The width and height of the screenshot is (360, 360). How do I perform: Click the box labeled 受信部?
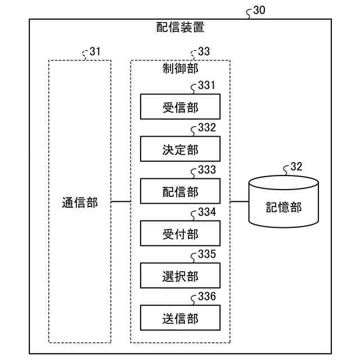coord(180,106)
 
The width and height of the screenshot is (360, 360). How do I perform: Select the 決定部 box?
coord(180,148)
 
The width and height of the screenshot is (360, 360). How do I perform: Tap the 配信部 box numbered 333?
coord(180,191)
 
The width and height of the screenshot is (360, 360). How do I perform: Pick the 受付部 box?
coord(180,233)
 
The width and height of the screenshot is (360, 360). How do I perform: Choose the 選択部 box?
coord(180,276)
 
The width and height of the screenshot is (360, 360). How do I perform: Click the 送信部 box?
coord(180,318)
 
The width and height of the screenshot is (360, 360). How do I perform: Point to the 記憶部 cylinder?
coord(283,201)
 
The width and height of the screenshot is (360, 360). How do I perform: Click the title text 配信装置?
coord(180,27)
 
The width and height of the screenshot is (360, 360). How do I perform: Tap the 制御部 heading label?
coord(180,69)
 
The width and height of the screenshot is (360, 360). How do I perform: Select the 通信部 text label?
coord(80,202)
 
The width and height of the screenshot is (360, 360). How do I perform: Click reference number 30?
coord(259,10)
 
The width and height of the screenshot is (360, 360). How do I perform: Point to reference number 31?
coord(95,51)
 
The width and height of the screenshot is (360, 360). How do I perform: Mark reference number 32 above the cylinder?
coord(296,166)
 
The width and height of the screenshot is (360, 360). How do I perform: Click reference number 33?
coord(204,51)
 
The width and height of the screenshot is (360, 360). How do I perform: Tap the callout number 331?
coord(207,85)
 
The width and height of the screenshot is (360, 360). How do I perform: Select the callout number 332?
coord(207,128)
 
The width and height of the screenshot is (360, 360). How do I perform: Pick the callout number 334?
coord(207,212)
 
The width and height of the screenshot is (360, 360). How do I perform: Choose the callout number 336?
coord(207,296)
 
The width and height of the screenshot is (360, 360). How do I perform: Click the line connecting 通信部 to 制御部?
coord(121,202)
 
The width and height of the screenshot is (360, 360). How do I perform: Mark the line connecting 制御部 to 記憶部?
coord(240,202)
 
